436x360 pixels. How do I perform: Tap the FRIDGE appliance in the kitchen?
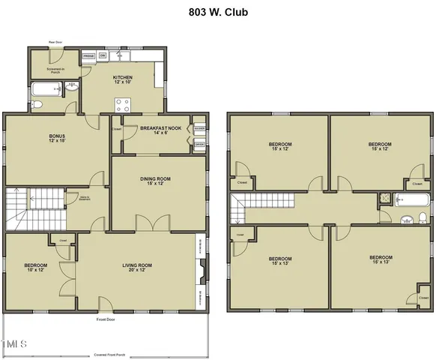coord(88,55)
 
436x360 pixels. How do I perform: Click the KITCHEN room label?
coord(122,79)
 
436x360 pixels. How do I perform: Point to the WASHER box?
coord(199,129)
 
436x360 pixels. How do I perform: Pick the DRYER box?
coord(199,145)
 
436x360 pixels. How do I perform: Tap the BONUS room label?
coord(58,138)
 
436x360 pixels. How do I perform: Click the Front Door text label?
coord(106,319)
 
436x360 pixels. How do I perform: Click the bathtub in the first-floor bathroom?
coord(42,91)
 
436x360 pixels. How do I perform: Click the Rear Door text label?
coord(55,43)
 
